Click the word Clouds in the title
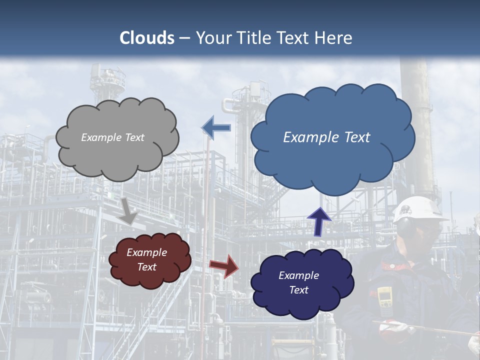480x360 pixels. coord(147,38)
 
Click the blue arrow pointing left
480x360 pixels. coord(216,127)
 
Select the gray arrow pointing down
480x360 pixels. coord(128,210)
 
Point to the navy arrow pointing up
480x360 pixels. coord(318,221)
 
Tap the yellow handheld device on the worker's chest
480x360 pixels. coord(384,297)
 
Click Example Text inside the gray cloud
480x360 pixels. coord(112,137)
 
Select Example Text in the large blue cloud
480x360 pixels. coord(326,137)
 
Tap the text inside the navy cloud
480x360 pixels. coord(298,283)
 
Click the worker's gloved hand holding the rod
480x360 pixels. coord(393,328)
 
